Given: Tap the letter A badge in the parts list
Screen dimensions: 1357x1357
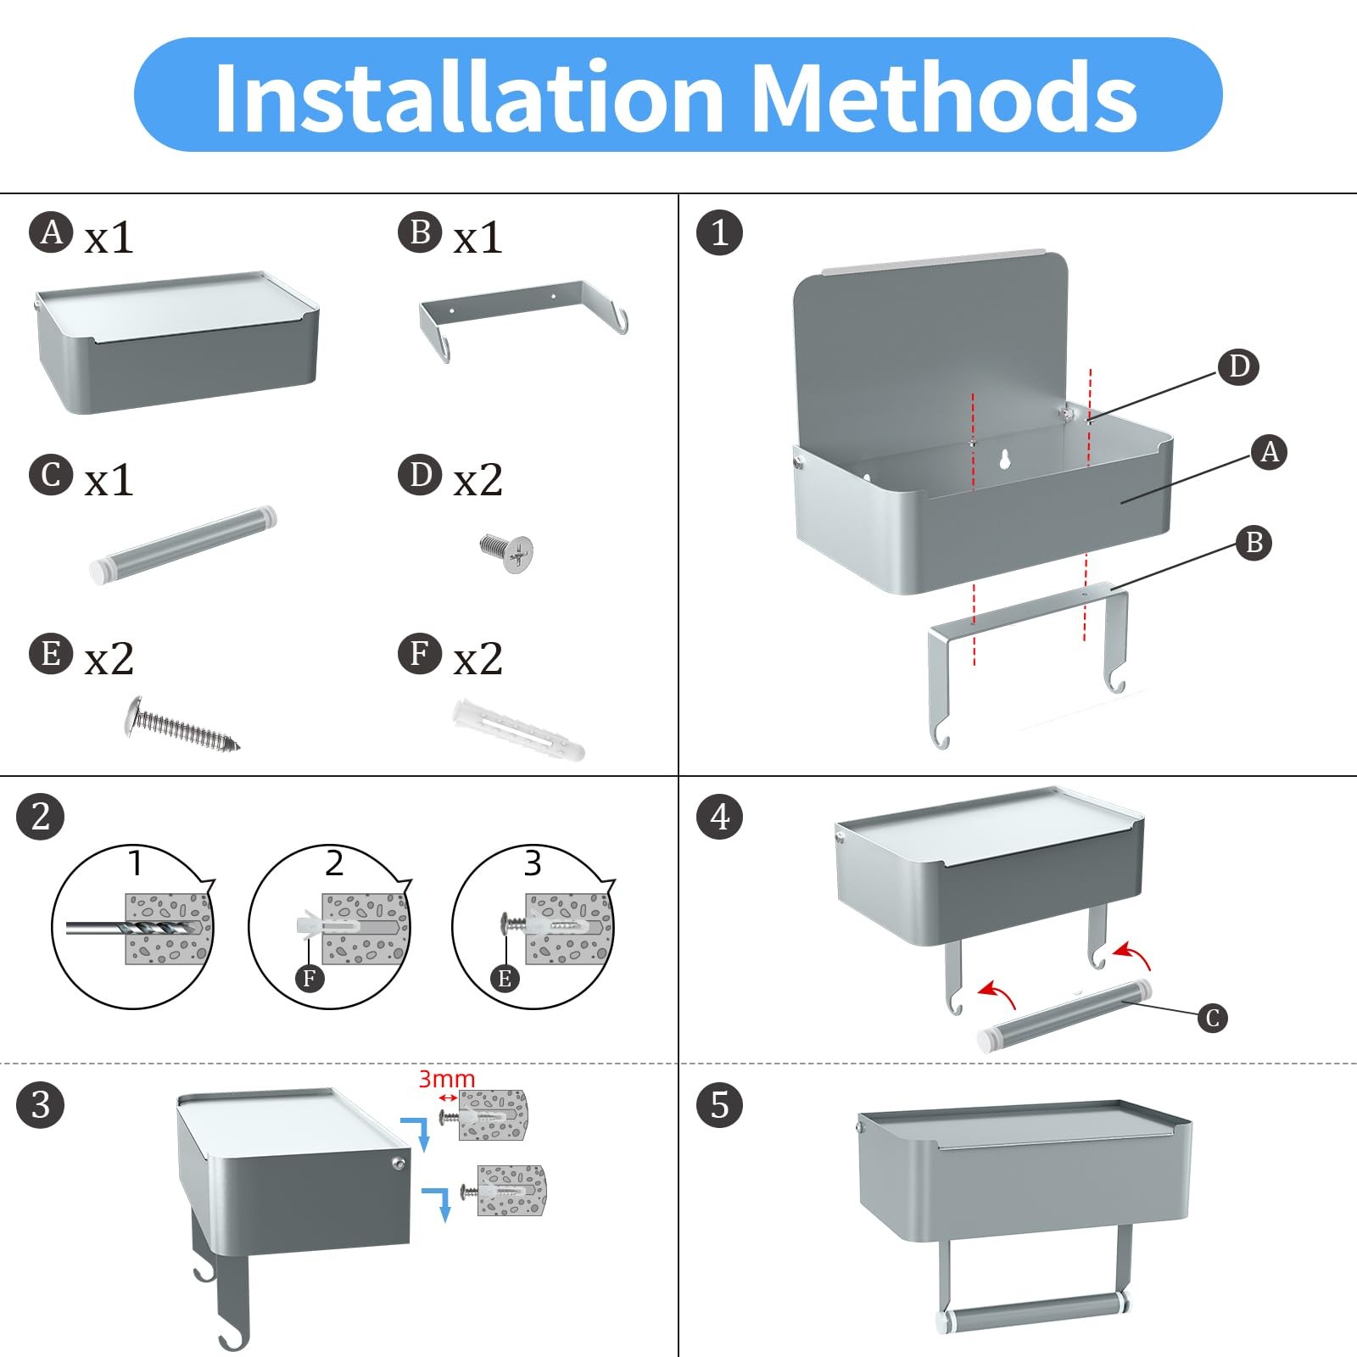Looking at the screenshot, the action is (x=51, y=232).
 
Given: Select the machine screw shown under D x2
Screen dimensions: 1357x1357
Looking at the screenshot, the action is (x=507, y=552).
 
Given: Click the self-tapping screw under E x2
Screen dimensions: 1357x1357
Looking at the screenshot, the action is (x=182, y=723).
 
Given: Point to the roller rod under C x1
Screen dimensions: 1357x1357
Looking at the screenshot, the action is (x=182, y=544).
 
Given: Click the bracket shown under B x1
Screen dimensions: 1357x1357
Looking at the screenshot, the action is (x=523, y=318).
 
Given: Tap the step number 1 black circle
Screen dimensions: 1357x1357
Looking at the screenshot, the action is (x=719, y=232).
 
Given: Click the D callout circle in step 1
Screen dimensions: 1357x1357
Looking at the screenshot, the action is (x=1238, y=366).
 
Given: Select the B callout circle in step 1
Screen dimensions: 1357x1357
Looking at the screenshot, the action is (x=1254, y=542).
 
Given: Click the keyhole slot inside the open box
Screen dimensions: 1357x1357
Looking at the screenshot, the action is (x=1005, y=459).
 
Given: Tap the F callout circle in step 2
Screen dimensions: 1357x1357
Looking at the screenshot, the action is (x=310, y=979).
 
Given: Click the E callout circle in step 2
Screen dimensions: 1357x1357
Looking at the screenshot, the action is (x=505, y=979).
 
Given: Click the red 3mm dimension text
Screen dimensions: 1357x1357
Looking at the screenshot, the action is (x=447, y=1079).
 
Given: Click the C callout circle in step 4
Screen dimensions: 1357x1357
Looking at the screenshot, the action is (x=1213, y=1018).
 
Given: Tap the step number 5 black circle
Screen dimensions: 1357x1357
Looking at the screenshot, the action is (x=719, y=1105).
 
